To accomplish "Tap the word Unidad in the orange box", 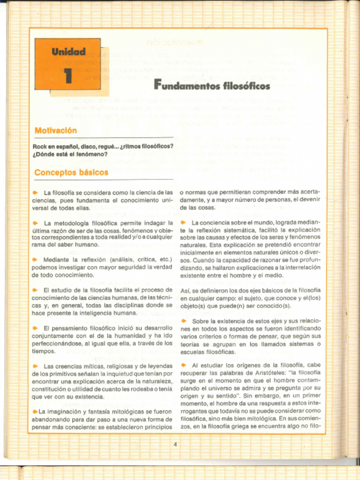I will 68,52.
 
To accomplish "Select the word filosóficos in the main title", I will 247,86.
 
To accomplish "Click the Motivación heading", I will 56,130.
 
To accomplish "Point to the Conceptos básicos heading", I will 71,172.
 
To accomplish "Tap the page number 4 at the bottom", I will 175,444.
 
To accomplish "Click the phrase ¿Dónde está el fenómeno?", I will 70,154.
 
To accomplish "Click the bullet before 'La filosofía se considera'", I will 35,193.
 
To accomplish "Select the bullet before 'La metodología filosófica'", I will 35,223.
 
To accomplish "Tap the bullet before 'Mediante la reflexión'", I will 35,259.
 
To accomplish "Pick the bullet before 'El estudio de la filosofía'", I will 35,290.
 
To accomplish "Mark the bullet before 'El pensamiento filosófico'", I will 35,328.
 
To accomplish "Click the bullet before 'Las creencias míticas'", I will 35,366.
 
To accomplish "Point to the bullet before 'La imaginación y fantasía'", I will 35,412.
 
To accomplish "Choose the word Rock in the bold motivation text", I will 40,146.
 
